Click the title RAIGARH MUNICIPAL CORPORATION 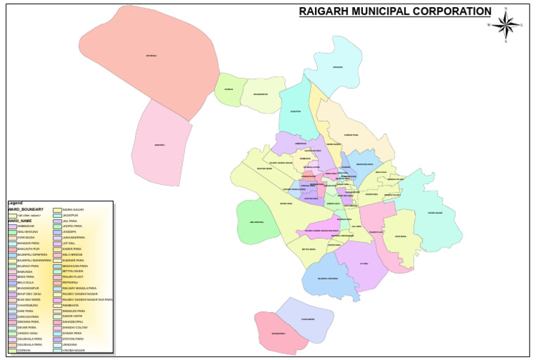tap(394, 11)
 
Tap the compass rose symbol tap(506, 25)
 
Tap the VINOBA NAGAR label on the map tap(435, 212)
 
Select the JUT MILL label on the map tap(364, 264)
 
